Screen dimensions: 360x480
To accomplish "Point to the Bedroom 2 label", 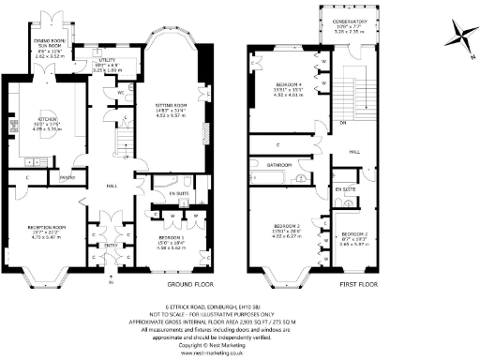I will coord(352,232).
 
